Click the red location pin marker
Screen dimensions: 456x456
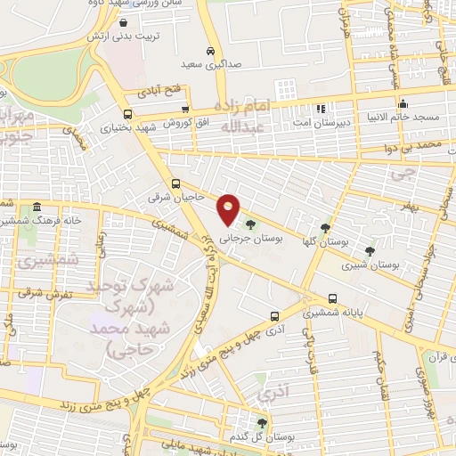(x=229, y=208)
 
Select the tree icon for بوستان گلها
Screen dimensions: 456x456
(x=325, y=228)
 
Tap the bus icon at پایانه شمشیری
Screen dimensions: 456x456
(x=333, y=298)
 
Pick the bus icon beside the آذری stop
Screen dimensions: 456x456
(x=274, y=315)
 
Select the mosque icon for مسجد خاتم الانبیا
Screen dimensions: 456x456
(x=403, y=102)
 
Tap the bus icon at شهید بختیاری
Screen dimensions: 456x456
(x=128, y=114)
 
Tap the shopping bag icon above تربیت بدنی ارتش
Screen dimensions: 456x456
(x=122, y=23)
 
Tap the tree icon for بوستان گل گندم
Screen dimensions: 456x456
(x=261, y=423)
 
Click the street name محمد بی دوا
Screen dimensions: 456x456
(x=420, y=143)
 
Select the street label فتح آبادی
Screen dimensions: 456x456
(x=159, y=92)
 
